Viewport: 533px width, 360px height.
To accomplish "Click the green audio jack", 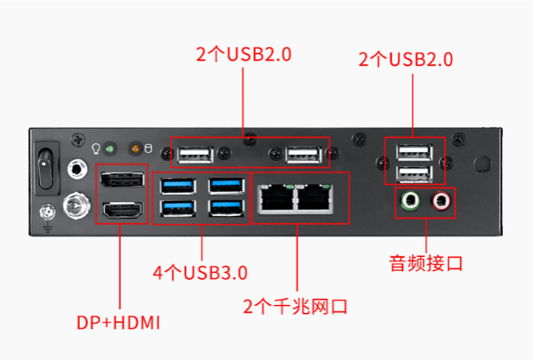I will (409, 201).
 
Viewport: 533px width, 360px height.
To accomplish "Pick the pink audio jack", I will (441, 201).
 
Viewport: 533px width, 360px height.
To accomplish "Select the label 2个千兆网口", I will (295, 307).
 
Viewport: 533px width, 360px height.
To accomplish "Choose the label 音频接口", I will (426, 263).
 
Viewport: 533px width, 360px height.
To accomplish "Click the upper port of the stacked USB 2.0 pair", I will (414, 151).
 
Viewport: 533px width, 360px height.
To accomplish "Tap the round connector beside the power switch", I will (77, 166).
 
